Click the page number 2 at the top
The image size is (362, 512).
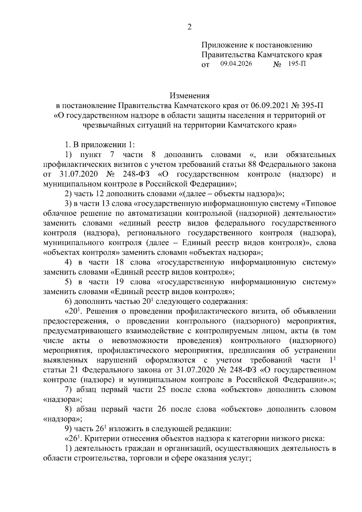189,27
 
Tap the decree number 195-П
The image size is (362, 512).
297,64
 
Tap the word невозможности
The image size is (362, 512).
140,341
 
